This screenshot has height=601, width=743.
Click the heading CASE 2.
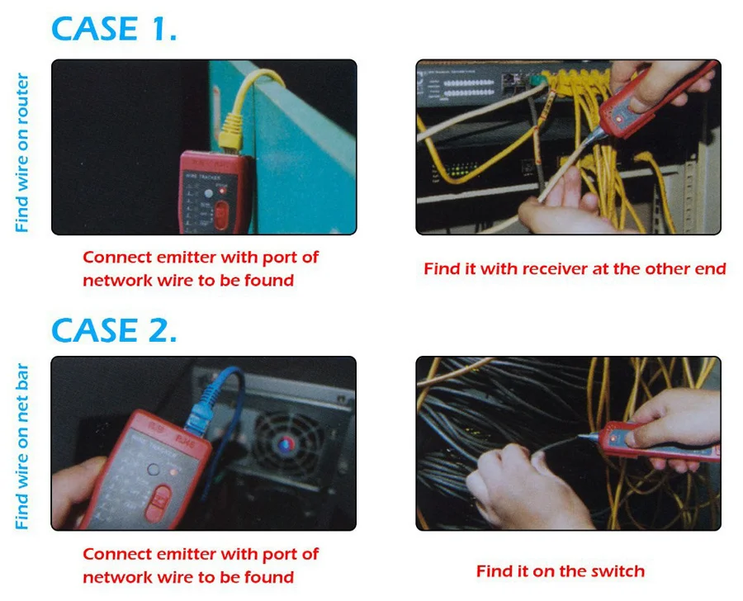[114, 330]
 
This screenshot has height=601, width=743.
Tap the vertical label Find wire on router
[22, 152]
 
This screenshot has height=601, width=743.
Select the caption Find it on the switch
[560, 570]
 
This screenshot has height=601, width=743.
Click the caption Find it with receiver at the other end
[575, 268]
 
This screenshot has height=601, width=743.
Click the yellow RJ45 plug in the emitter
[231, 132]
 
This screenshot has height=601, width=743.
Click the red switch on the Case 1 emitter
[221, 214]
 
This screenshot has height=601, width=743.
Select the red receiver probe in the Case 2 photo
[652, 441]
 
